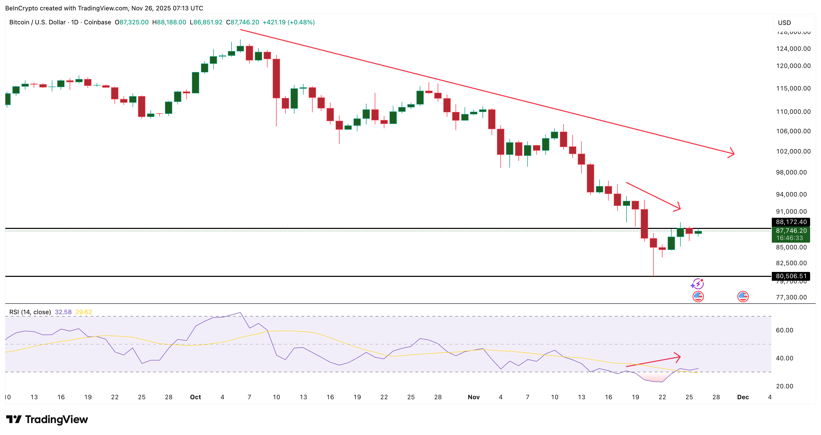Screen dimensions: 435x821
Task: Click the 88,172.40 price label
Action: (x=791, y=222)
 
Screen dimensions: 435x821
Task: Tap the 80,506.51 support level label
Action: (x=791, y=276)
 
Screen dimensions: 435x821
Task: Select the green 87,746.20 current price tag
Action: (x=791, y=234)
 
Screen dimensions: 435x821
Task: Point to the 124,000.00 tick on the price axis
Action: (x=793, y=49)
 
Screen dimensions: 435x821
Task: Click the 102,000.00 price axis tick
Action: (x=793, y=151)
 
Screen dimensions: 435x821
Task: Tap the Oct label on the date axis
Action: (x=195, y=397)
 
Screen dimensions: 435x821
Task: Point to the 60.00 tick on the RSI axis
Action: (x=784, y=330)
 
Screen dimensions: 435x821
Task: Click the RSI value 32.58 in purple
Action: (x=63, y=312)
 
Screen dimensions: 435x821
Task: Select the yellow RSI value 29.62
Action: (x=83, y=312)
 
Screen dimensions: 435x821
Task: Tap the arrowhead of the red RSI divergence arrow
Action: (x=679, y=357)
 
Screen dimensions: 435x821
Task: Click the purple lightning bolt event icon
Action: (x=698, y=284)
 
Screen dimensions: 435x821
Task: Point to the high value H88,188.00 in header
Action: (x=169, y=22)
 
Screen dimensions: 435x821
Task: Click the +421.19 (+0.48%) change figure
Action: (x=289, y=22)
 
